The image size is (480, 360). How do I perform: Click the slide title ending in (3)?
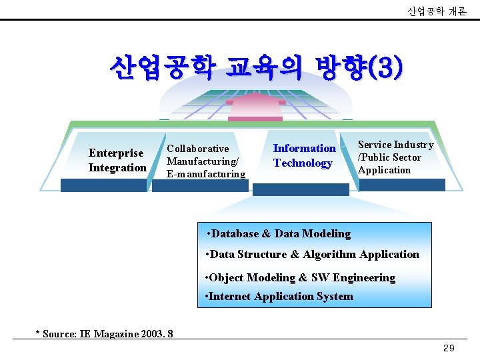click(257, 67)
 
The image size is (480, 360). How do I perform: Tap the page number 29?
click(449, 349)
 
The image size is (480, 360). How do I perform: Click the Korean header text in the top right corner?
click(437, 11)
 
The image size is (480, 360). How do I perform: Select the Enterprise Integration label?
click(117, 160)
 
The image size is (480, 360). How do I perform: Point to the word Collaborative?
click(197, 149)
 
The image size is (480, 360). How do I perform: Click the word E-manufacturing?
click(206, 174)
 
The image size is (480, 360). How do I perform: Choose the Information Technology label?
click(303, 155)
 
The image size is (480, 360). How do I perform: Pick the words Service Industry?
click(395, 145)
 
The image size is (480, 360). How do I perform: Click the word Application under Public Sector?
click(384, 170)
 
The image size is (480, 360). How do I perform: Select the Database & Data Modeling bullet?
click(279, 234)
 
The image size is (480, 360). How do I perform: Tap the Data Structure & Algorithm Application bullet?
click(313, 254)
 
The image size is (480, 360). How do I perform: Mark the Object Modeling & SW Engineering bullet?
click(301, 277)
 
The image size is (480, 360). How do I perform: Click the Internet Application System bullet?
click(280, 296)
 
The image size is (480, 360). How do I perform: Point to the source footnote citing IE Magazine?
click(104, 333)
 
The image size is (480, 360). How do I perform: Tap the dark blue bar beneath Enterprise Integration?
click(103, 185)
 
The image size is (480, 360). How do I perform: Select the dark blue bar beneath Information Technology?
click(301, 189)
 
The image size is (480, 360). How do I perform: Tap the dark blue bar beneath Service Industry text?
click(401, 185)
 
